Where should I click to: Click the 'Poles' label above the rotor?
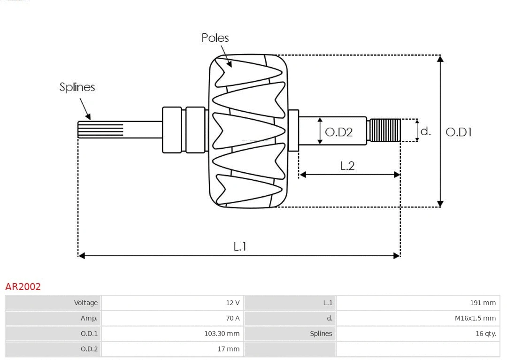215,38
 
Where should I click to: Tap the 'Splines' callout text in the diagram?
77,87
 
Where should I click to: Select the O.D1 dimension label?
458,132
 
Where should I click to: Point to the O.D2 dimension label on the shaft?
338,132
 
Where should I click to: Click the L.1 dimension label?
240,246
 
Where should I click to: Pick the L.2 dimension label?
347,166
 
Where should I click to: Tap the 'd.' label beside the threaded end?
425,131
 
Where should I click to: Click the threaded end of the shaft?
384,130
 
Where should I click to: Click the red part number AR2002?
23,287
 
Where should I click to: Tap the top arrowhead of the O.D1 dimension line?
440,58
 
